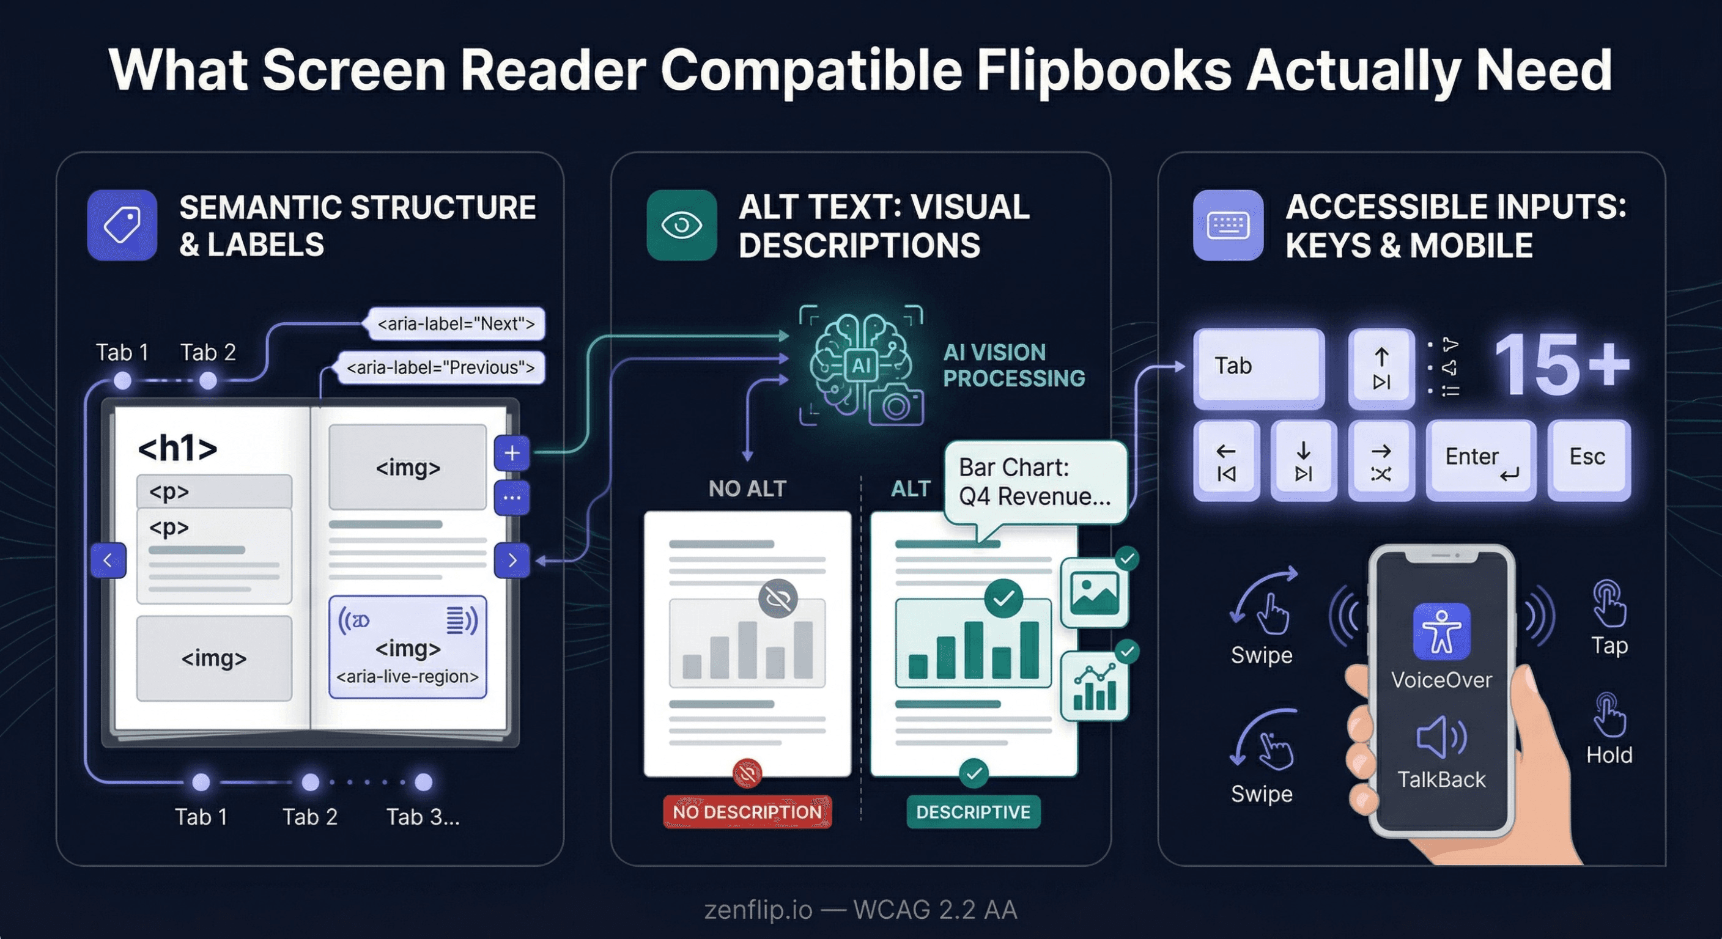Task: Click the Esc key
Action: tap(1588, 458)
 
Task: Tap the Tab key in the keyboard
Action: tap(1258, 367)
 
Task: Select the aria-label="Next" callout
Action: tap(456, 324)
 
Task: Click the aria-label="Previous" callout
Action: tap(441, 367)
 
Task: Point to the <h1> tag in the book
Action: tap(177, 449)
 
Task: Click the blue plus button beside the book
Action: tap(512, 453)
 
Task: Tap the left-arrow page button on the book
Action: tap(108, 560)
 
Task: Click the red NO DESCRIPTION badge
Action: tap(747, 812)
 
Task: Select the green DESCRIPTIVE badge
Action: tap(973, 812)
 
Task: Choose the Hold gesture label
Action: tap(1609, 755)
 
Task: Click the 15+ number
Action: tap(1561, 366)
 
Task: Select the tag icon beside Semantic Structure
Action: tap(122, 225)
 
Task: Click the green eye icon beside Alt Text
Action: tap(681, 225)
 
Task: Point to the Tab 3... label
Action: tap(423, 817)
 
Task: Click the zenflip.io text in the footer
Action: tap(758, 910)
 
